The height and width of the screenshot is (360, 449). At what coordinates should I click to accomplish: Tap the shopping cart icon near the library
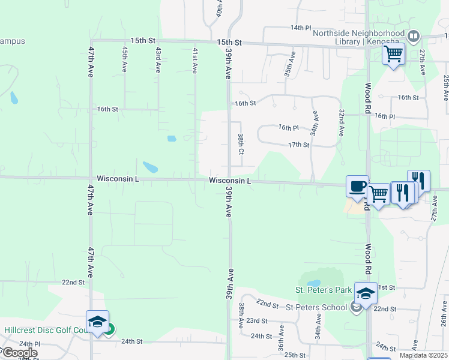394,55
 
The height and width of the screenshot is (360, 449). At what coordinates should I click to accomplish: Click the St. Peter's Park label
323,290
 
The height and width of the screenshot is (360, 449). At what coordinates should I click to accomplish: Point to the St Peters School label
316,308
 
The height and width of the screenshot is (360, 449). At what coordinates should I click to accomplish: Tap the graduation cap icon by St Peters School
366,294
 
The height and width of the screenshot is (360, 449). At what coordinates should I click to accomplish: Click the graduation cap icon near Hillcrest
98,322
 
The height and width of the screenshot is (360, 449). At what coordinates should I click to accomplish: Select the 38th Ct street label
240,144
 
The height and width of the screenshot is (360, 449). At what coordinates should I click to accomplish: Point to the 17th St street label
298,145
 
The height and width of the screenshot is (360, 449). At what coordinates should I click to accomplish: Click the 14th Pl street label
301,28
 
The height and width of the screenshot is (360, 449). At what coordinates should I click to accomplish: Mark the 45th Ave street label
125,59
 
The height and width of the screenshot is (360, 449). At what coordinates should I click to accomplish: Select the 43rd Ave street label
158,60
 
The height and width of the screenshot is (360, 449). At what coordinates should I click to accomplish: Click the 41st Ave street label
194,60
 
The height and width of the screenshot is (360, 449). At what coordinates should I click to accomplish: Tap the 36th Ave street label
280,344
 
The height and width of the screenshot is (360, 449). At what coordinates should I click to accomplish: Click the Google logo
19,353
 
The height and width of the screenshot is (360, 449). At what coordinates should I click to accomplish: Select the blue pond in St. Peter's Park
313,283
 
